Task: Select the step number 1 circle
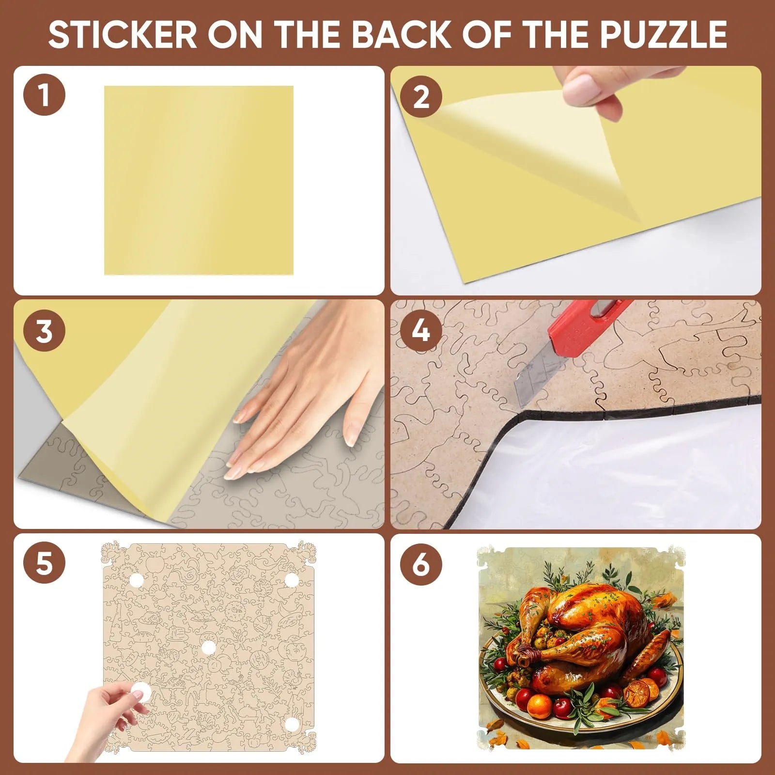click(44, 94)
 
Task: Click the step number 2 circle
click(421, 96)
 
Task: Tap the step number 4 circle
click(421, 330)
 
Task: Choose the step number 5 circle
click(44, 564)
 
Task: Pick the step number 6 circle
click(421, 564)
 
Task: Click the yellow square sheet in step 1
click(199, 180)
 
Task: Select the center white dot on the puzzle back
click(208, 648)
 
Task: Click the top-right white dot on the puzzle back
click(291, 580)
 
